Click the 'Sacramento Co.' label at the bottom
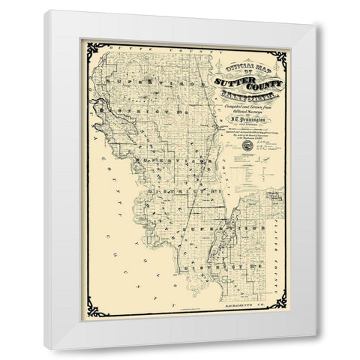pyautogui.click(x=242, y=309)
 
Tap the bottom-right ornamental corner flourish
pyautogui.click(x=279, y=303)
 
